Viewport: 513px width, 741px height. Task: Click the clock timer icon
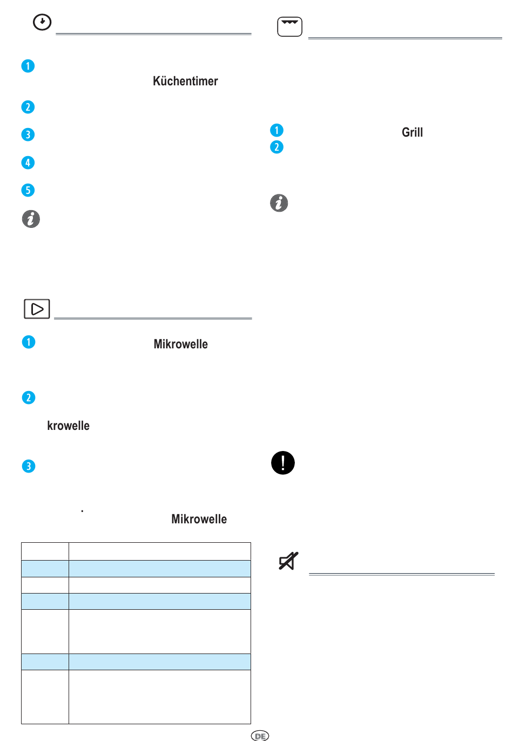pos(42,22)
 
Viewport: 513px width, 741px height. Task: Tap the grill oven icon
pos(289,26)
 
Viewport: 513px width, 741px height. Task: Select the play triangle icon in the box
pos(37,308)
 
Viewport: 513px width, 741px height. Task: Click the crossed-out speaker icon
pos(288,561)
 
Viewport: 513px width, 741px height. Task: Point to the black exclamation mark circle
pos(283,462)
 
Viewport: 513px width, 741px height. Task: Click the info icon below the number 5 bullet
pos(31,219)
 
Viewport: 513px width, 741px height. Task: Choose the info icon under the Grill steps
pos(279,203)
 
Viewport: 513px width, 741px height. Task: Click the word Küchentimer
pos(185,81)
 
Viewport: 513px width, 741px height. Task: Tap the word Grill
pos(412,132)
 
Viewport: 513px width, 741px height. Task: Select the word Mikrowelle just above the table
pos(199,519)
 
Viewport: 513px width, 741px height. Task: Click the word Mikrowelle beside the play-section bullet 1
pos(180,344)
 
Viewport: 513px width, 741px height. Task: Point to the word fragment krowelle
pos(68,426)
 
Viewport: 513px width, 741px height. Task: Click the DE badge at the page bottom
pos(260,736)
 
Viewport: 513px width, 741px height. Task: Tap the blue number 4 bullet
pos(28,163)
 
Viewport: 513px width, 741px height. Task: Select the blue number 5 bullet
pos(28,190)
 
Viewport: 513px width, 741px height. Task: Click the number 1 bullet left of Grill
pos(276,130)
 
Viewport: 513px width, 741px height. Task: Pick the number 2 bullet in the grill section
pos(276,147)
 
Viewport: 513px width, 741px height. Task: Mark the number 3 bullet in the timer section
pos(28,134)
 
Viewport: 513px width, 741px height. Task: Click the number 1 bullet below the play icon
pos(29,342)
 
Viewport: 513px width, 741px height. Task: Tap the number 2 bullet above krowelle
pos(29,398)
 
